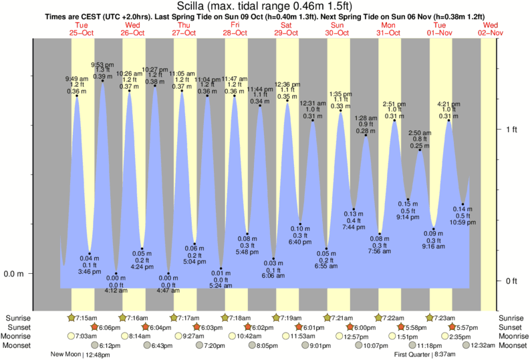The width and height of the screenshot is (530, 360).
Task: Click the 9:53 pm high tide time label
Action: point(102,64)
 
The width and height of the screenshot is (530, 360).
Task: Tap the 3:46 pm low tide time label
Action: point(89,272)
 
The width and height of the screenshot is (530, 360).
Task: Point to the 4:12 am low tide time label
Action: point(115,291)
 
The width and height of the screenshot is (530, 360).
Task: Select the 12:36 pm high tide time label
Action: point(287,84)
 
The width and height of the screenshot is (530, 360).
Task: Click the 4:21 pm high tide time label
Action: point(448,104)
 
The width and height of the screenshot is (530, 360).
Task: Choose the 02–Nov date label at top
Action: point(491,32)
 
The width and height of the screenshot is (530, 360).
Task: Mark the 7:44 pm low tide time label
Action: point(354,228)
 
